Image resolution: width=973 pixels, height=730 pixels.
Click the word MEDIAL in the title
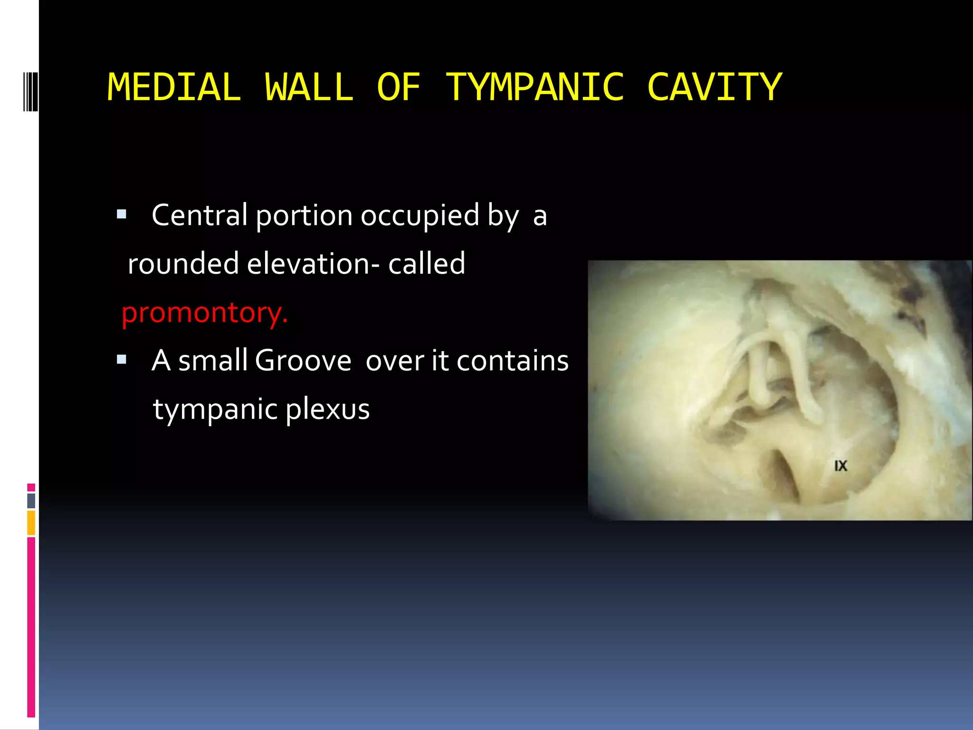[174, 87]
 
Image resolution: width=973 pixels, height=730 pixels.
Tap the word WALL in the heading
[309, 87]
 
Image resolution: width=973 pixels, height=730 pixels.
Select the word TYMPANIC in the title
[535, 87]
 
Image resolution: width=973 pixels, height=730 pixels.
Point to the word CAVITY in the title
[715, 87]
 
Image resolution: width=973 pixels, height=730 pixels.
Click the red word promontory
[205, 313]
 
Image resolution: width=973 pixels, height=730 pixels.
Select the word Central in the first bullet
[200, 215]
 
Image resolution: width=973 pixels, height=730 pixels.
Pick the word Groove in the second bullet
[303, 361]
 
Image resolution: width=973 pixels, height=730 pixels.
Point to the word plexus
[327, 409]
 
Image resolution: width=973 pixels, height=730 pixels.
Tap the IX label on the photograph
[840, 466]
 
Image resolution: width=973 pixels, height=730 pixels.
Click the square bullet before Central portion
[122, 214]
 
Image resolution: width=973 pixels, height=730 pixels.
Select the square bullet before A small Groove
[122, 359]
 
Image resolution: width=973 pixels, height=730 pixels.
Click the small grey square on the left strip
[31, 501]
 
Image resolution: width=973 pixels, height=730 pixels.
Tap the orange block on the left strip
[31, 523]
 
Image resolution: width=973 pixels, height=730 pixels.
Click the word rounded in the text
[183, 264]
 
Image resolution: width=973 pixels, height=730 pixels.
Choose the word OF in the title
[399, 87]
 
